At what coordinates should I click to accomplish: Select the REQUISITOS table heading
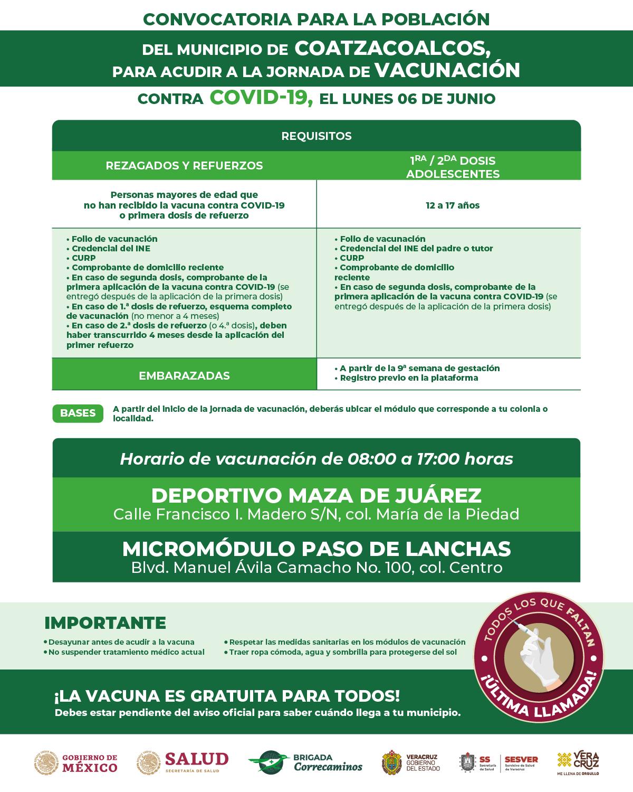tap(316, 136)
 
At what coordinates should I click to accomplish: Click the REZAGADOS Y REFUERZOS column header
tap(184, 165)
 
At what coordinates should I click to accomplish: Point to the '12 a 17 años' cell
tap(453, 205)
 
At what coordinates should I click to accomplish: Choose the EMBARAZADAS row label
tap(184, 376)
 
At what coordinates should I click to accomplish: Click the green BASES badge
tap(78, 413)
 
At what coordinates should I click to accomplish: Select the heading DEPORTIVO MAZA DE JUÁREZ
tap(316, 495)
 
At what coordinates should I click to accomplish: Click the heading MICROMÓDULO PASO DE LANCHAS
tap(316, 549)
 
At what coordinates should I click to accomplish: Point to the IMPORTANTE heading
tap(105, 623)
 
